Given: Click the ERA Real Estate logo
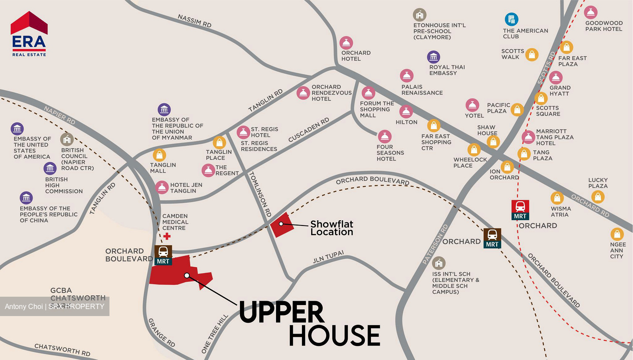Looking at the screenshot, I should click(29, 34).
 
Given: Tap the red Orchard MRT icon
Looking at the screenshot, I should click(520, 209).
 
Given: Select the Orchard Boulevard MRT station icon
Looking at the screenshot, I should click(163, 255).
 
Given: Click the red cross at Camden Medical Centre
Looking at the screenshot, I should click(167, 236).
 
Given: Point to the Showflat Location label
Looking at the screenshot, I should click(331, 228).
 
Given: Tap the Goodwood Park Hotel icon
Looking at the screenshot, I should click(590, 12).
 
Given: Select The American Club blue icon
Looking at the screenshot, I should click(511, 19).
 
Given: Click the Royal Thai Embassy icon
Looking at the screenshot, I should click(433, 57).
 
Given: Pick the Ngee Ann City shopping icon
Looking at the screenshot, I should click(617, 234).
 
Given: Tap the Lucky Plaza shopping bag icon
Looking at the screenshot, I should click(597, 196).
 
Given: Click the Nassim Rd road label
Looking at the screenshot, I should click(194, 21).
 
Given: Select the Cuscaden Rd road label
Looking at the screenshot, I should click(309, 130).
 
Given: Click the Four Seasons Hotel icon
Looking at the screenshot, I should click(385, 136).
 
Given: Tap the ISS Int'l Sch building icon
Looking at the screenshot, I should click(438, 263).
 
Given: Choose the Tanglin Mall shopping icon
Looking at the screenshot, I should click(159, 155).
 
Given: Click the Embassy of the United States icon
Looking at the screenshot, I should click(17, 129).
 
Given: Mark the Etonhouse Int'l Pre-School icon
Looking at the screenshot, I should click(419, 15).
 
